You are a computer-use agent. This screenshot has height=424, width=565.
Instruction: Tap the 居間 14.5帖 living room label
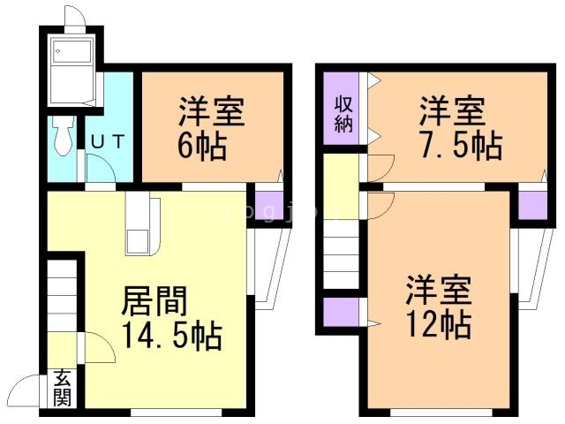pyautogui.click(x=170, y=318)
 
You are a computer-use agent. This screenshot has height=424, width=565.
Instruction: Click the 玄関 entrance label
pyautogui.click(x=62, y=388)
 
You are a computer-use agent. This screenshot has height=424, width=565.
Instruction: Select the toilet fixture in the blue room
pyautogui.click(x=62, y=137)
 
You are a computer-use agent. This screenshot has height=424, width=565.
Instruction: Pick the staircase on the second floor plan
pyautogui.click(x=342, y=252)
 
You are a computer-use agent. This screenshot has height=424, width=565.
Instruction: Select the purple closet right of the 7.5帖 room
pyautogui.click(x=531, y=204)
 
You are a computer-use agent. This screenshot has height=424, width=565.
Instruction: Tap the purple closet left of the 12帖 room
pyautogui.click(x=341, y=313)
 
